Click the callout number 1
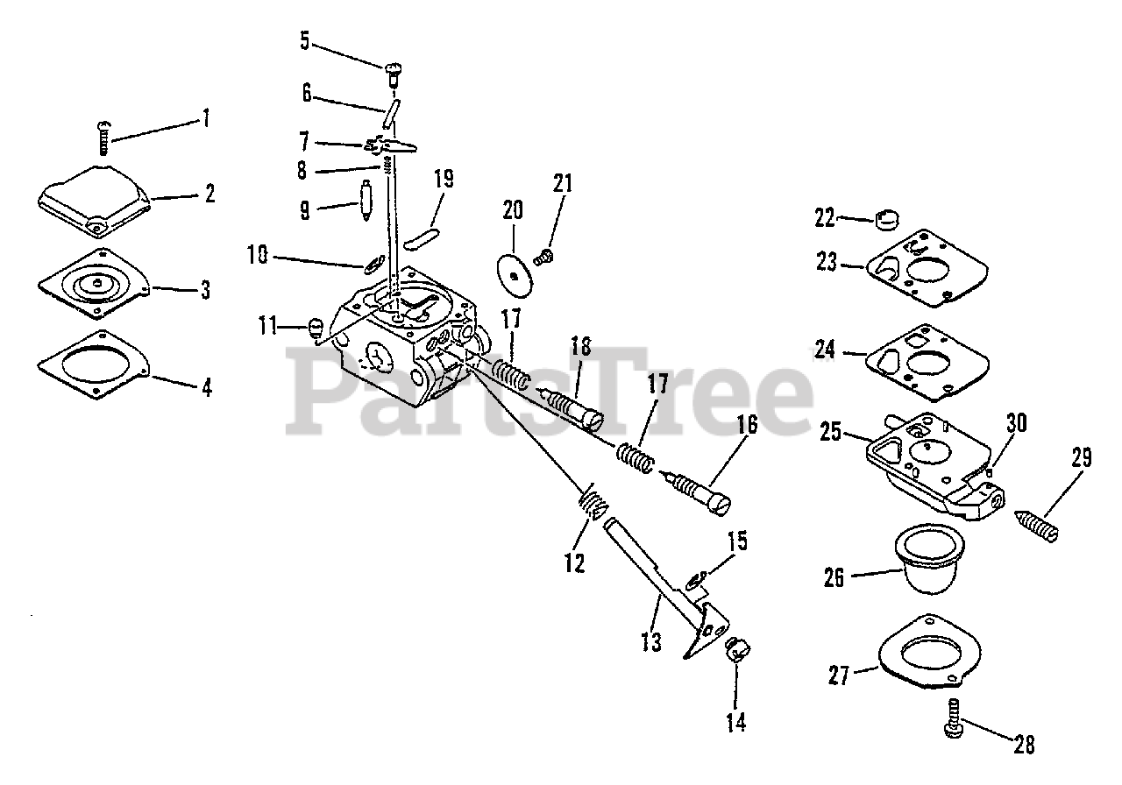tap(205, 117)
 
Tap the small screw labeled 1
tap(102, 137)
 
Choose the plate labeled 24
tap(927, 362)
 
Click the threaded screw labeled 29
tap(1038, 524)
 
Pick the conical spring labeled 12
tap(593, 506)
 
